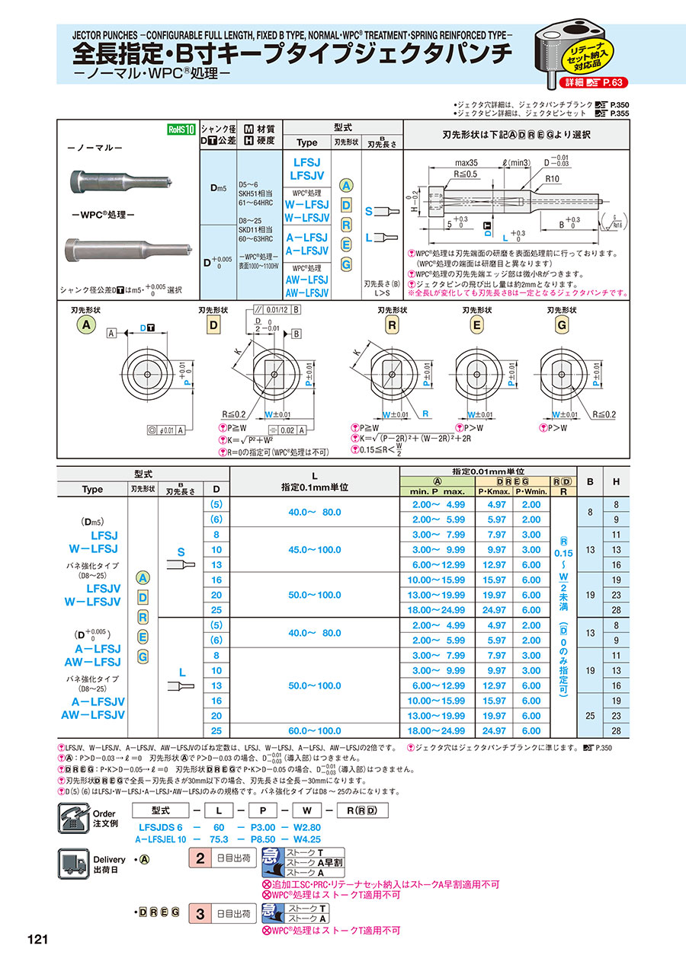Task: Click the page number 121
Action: pos(38,939)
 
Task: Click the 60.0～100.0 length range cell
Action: pos(314,731)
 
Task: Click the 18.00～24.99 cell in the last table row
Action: pos(438,731)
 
